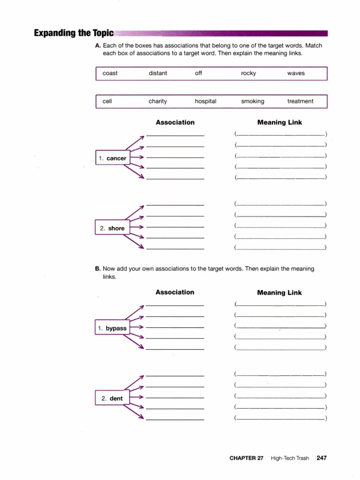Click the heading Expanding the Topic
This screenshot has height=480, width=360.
[x=74, y=33]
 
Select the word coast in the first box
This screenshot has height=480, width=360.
[x=110, y=73]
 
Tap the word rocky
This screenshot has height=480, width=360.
[x=248, y=73]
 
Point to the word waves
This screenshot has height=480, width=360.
[x=296, y=73]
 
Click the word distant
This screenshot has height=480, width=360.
[x=157, y=73]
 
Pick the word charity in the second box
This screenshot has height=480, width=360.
[x=157, y=101]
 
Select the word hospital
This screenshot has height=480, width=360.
[x=205, y=101]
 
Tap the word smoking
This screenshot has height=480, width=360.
[x=253, y=101]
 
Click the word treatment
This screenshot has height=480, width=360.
[x=300, y=101]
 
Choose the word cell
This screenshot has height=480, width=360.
[x=107, y=101]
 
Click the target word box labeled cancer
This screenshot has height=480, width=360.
[x=112, y=158]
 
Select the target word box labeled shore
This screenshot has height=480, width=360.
[x=112, y=228]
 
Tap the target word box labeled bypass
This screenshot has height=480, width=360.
[x=112, y=328]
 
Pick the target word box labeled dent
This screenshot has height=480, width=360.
[x=112, y=398]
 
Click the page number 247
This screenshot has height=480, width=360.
[x=322, y=458]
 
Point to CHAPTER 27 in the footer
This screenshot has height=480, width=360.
[x=246, y=458]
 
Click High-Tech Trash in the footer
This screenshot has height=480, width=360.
[x=290, y=458]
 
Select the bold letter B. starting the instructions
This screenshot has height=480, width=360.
[x=98, y=269]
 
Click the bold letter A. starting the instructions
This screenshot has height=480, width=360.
[x=98, y=45]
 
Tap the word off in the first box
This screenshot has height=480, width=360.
[x=199, y=73]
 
